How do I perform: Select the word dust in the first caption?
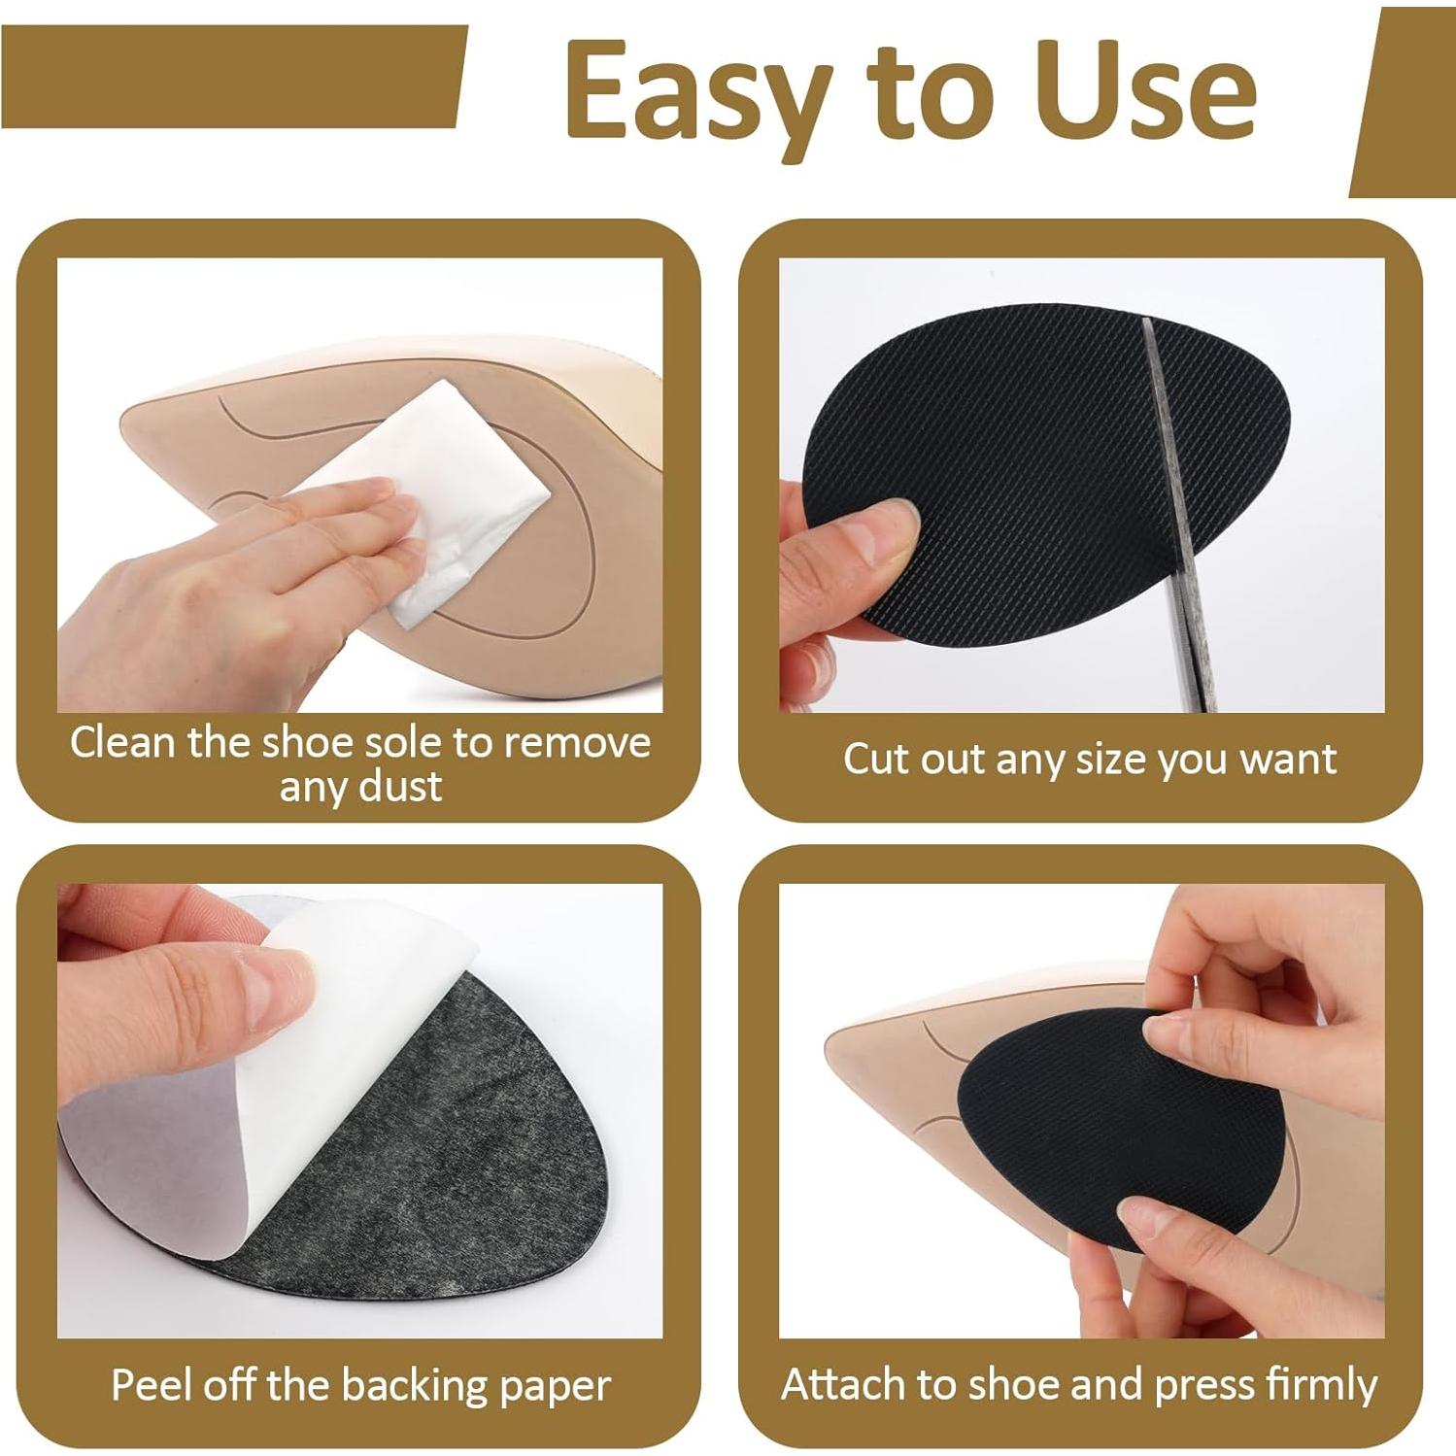[400, 786]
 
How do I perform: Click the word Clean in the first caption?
[122, 742]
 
